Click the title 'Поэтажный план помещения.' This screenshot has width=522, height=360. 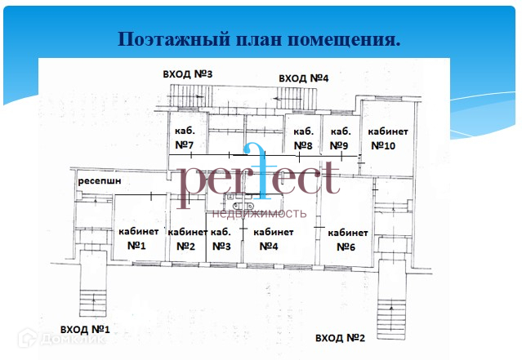(260, 39)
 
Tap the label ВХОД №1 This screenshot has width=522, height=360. (79, 330)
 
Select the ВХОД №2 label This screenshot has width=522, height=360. (339, 338)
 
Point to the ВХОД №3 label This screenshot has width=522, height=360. (188, 74)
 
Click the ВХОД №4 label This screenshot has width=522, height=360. (303, 78)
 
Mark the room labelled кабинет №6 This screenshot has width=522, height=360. (347, 239)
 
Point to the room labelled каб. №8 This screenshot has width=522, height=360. (303, 139)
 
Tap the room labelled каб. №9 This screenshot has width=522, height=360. (339, 139)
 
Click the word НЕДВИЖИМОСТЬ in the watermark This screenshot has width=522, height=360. (260, 214)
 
